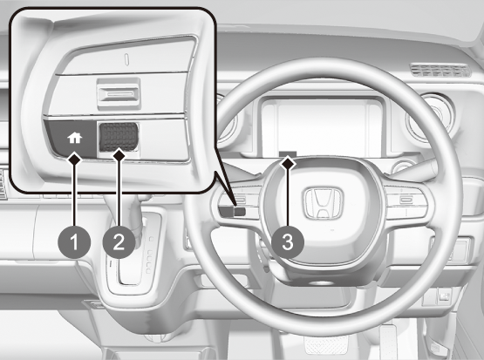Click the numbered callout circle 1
tap(74, 241)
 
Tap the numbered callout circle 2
tap(119, 241)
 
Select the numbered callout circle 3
tap(288, 241)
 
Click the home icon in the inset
tap(75, 138)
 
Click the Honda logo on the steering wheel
tap(324, 203)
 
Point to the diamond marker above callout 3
tap(288, 163)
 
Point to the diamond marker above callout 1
tap(75, 159)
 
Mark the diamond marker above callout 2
tap(119, 155)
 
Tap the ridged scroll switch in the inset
tap(119, 137)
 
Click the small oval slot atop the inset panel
tap(126, 59)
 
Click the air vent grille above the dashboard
tap(440, 71)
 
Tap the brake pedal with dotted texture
tap(325, 345)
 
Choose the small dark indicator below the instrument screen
tap(288, 153)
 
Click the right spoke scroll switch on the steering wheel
tap(406, 200)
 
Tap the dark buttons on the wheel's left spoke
tap(233, 212)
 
